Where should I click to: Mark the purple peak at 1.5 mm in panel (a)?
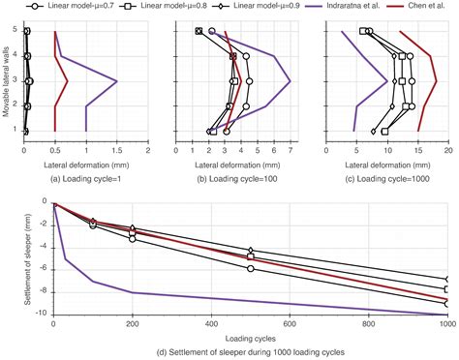(117, 81)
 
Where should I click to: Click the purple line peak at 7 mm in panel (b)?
(290, 81)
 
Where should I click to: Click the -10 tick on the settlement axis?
(43, 314)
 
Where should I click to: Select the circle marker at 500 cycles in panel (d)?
(250, 268)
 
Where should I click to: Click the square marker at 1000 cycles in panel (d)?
(446, 288)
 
